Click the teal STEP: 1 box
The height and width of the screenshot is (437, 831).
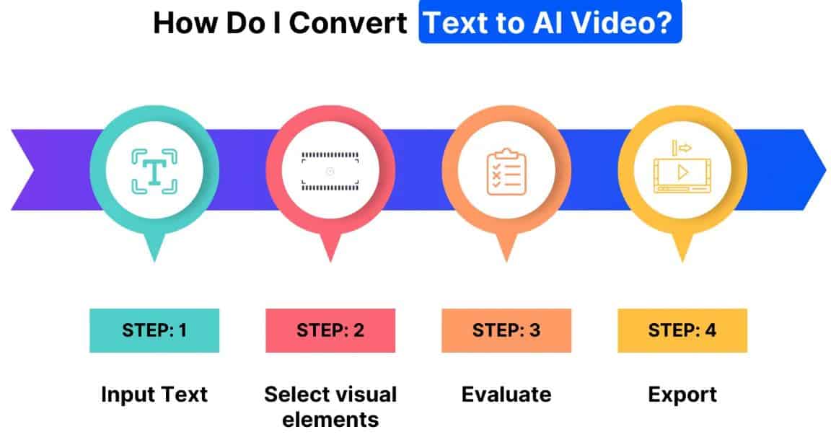[x=154, y=331]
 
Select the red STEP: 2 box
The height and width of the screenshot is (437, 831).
[x=330, y=331]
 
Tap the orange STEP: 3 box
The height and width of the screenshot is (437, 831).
[x=506, y=331]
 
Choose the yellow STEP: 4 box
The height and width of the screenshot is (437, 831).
[x=682, y=331]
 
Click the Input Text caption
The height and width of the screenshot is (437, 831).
[x=154, y=394]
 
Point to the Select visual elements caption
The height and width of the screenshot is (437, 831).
[x=330, y=406]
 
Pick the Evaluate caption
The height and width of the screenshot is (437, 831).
[x=506, y=394]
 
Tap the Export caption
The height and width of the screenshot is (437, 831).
[x=682, y=394]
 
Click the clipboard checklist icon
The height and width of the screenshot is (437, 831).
[x=505, y=171]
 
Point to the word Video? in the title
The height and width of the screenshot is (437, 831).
[x=636, y=23]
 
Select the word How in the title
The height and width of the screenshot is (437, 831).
[x=176, y=23]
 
